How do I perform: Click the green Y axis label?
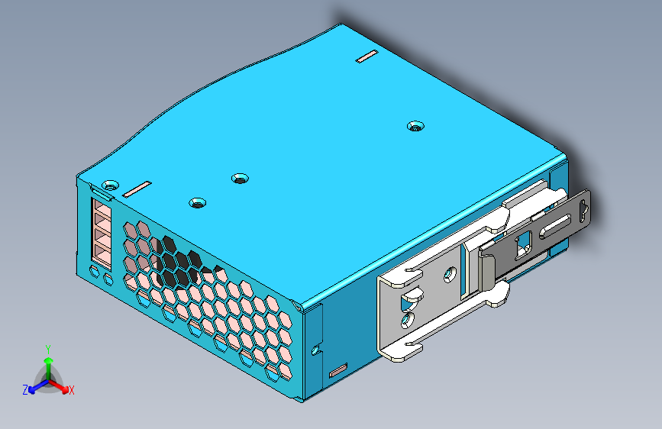tap(48, 347)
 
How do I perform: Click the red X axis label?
tap(72, 390)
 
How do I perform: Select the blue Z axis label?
tap(25, 390)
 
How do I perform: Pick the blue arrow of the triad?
tap(35, 386)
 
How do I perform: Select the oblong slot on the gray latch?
tap(557, 227)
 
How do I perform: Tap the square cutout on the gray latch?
tap(525, 244)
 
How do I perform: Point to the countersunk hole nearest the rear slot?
tap(415, 125)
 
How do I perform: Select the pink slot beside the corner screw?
tap(138, 188)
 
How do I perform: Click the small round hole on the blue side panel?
tap(316, 350)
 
